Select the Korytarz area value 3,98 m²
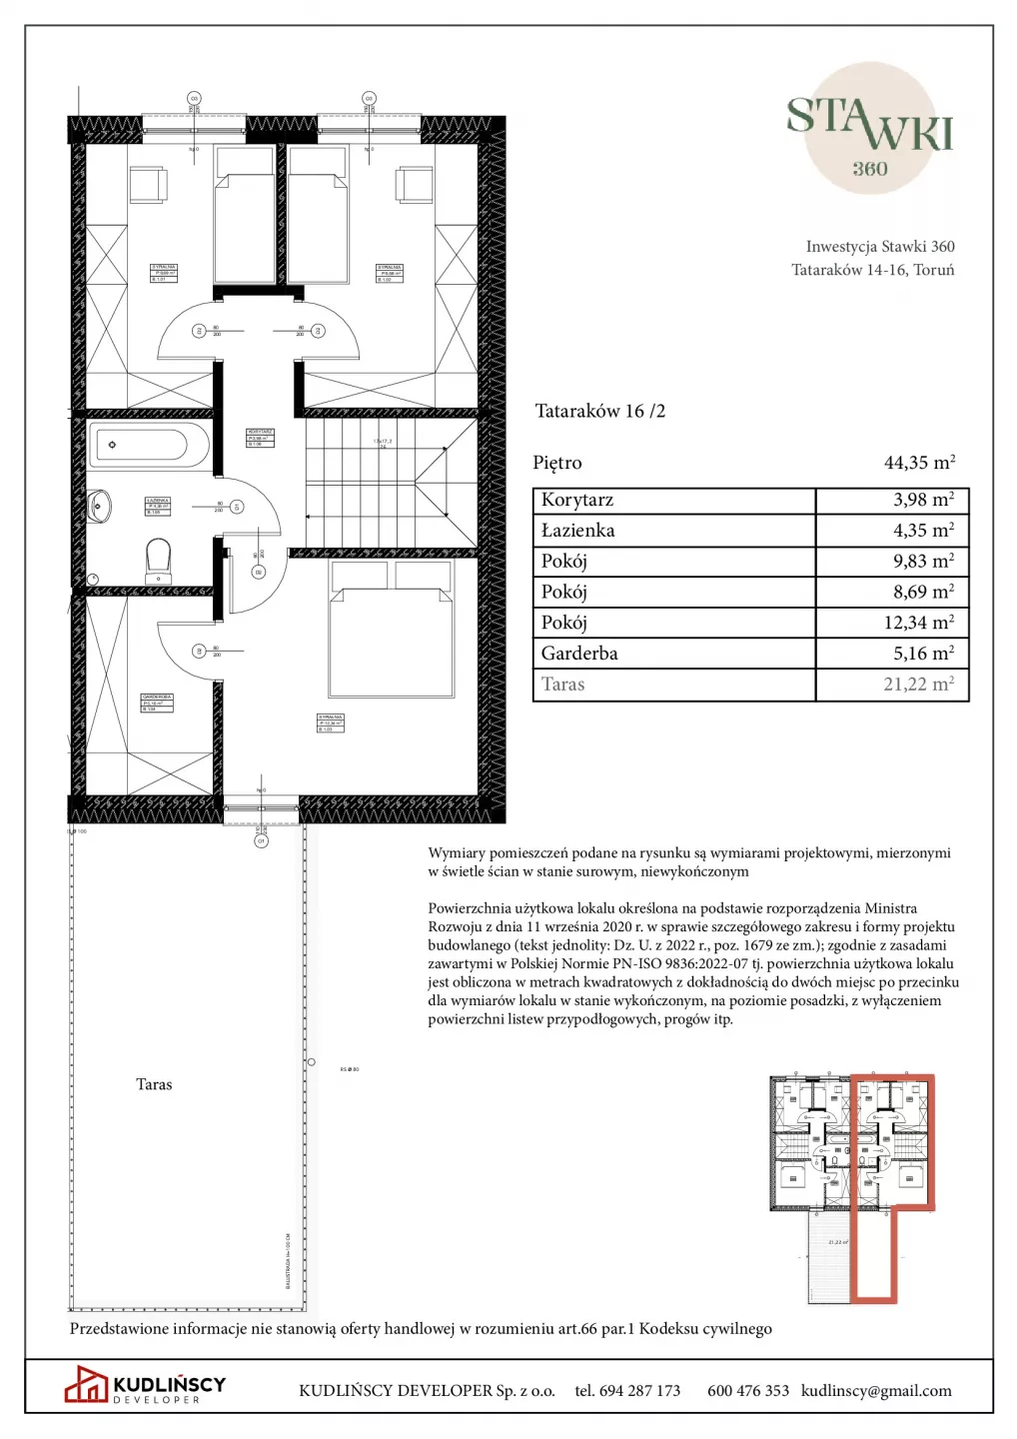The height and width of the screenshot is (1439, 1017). [x=923, y=500]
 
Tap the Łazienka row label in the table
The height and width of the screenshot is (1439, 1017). [x=577, y=531]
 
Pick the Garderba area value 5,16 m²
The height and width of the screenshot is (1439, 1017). [x=923, y=654]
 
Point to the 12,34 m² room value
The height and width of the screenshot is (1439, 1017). [x=918, y=623]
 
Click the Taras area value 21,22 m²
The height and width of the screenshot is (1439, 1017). [x=918, y=685]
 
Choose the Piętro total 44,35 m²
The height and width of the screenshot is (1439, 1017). [x=919, y=463]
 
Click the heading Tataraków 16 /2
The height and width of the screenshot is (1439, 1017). [x=599, y=411]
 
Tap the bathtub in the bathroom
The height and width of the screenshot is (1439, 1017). [x=151, y=446]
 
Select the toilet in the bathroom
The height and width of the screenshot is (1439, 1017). [x=158, y=559]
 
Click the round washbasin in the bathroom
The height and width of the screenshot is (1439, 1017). [x=99, y=506]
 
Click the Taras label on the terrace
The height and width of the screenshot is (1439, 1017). [x=154, y=1084]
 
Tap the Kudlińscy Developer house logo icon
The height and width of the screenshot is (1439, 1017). [x=86, y=1384]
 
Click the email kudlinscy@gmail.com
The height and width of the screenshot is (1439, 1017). [x=876, y=1391]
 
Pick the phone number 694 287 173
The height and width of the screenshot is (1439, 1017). [x=639, y=1391]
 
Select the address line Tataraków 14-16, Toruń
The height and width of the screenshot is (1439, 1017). [x=872, y=270]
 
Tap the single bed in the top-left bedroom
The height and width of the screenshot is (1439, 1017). [x=244, y=220]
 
